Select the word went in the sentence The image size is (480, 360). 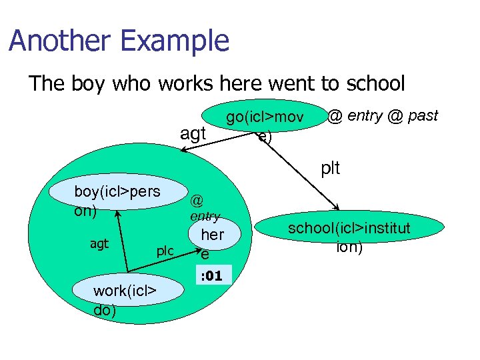293,83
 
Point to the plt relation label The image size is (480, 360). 330,168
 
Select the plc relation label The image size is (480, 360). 165,251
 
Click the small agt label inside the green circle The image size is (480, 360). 99,244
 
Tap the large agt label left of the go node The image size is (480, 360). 193,133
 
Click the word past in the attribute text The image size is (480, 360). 423,116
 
